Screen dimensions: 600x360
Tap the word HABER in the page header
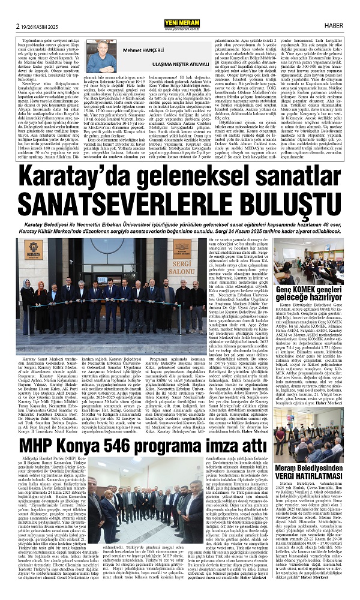click(x=340, y=8)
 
